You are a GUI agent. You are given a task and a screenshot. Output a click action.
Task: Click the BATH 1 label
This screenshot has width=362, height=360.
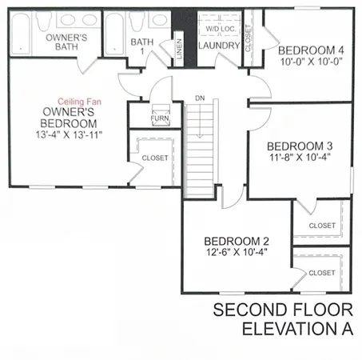click(141, 46)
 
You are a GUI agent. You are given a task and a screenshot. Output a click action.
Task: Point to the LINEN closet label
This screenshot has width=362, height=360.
click(180, 50)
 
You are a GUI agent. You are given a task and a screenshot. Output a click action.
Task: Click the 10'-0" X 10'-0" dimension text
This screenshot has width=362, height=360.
click(309, 60)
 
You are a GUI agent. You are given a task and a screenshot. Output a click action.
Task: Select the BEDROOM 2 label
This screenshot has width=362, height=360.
click(237, 241)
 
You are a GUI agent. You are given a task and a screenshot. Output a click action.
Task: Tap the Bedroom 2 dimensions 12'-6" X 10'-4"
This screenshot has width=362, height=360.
click(237, 253)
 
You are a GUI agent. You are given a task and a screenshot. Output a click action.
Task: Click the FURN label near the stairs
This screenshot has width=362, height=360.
click(161, 119)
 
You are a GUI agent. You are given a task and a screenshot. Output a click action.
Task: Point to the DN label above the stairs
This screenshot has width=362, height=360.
click(200, 99)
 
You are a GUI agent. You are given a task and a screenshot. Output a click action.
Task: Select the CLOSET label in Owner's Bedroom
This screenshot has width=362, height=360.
click(155, 158)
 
